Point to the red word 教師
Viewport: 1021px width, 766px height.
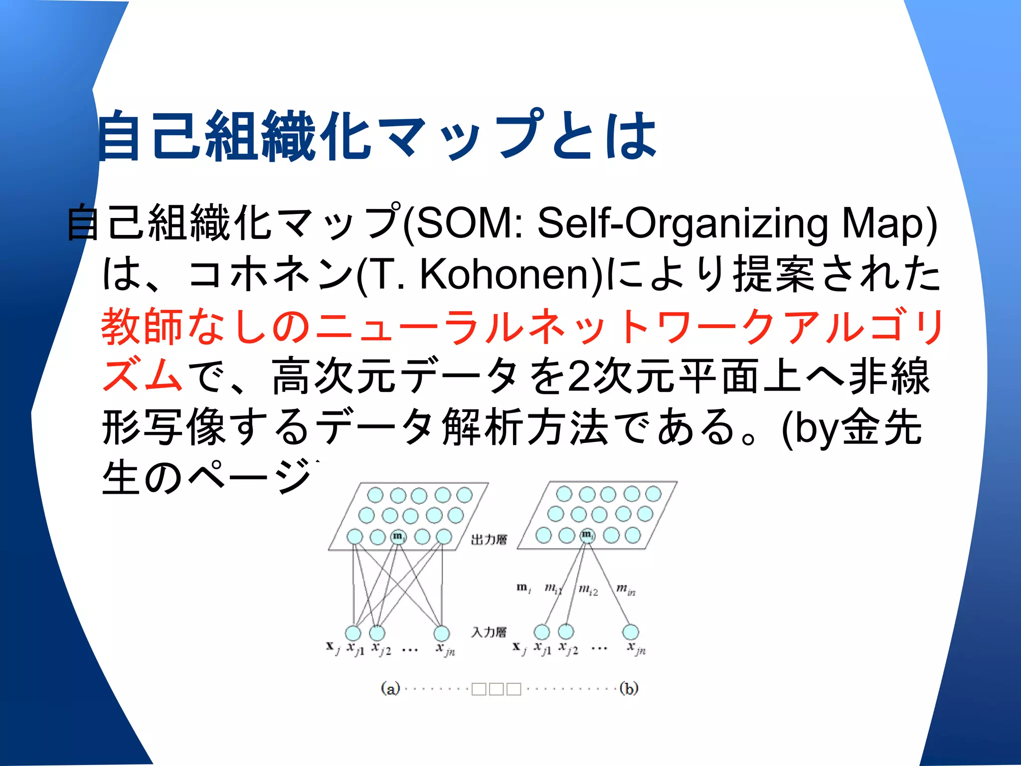(142, 327)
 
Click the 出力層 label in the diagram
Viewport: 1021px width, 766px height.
(489, 540)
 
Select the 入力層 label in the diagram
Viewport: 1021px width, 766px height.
(489, 632)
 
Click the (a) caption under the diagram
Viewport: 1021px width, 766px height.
(390, 689)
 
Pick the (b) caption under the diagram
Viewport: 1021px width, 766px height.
(629, 689)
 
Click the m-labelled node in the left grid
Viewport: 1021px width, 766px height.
(398, 536)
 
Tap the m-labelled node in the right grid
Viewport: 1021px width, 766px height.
(587, 535)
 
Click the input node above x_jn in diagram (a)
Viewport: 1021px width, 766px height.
(441, 633)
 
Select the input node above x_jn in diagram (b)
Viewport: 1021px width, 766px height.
(631, 631)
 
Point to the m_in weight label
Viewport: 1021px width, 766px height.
(626, 589)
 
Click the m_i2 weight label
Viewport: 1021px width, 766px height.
(588, 590)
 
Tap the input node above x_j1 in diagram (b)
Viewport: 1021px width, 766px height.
(542, 631)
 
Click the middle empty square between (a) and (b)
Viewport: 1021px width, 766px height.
(496, 689)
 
